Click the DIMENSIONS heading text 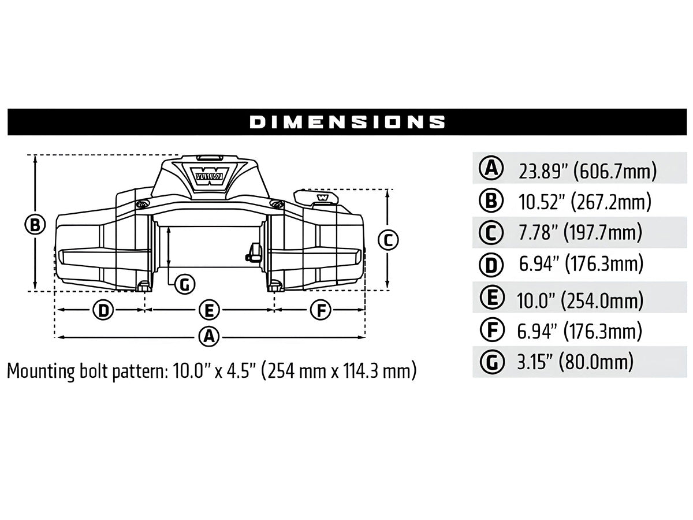pos(347,122)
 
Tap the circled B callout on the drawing pos(35,224)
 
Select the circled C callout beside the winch pos(389,239)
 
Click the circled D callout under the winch pos(103,311)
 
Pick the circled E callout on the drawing pos(210,311)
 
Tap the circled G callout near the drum pos(184,284)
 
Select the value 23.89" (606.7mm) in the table pos(587,171)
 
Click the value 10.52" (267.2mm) pos(585,202)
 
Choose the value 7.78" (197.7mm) pos(580,233)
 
